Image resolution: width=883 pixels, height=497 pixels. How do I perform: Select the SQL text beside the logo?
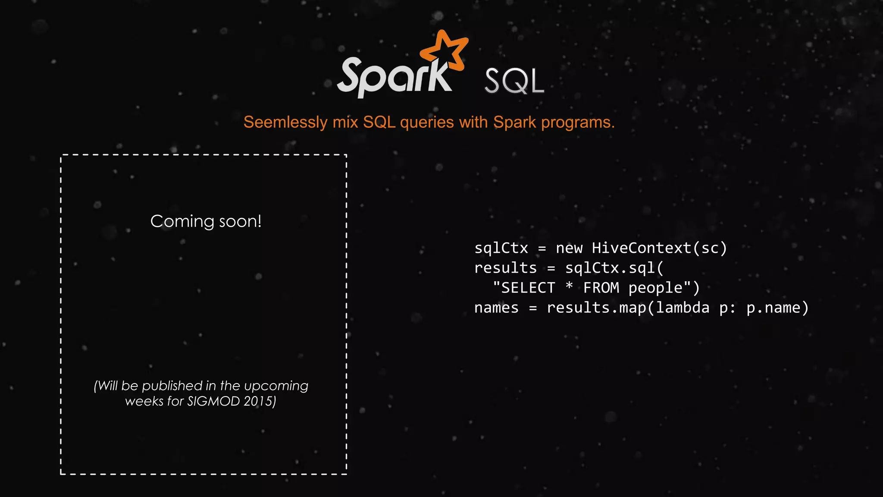[x=514, y=81]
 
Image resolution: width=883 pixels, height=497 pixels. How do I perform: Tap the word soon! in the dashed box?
[x=240, y=222]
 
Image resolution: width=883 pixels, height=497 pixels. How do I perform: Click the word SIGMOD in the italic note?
[x=213, y=402]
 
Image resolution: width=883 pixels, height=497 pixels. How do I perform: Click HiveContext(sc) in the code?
[x=659, y=248]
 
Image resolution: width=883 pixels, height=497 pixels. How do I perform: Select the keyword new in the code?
[x=569, y=248]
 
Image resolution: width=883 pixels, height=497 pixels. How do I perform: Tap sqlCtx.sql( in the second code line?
[x=614, y=268]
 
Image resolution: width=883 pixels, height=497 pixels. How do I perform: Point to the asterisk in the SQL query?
[x=569, y=286]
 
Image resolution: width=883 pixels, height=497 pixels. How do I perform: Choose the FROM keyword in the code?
[x=601, y=288]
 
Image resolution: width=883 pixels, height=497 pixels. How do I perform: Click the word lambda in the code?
[x=683, y=308]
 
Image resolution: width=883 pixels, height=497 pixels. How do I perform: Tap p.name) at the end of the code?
[x=777, y=308]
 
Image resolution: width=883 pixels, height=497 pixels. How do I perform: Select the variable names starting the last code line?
[x=496, y=308]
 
